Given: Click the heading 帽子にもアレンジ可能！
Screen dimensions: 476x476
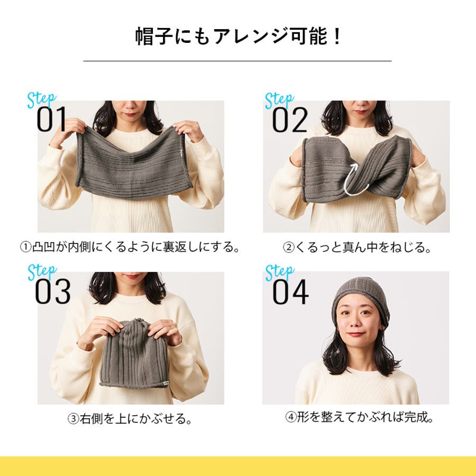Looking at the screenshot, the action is pyautogui.click(x=238, y=36).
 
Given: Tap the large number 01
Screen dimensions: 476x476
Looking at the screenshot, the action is pyautogui.click(x=52, y=120).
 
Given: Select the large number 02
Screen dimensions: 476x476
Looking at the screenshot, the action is pyautogui.click(x=290, y=120).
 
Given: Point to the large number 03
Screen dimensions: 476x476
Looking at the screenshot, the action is pyautogui.click(x=53, y=292).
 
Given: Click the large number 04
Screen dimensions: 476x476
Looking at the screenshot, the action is pyautogui.click(x=290, y=292).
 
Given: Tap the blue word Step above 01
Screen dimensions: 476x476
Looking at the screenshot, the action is pyautogui.click(x=42, y=99).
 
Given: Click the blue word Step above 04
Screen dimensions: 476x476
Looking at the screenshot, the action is pyautogui.click(x=280, y=272).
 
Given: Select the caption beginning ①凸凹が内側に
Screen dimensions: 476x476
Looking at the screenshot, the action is pyautogui.click(x=130, y=247).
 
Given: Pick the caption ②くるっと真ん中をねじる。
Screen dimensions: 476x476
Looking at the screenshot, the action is pyautogui.click(x=357, y=248).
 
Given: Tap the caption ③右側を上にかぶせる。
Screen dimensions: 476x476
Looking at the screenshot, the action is pyautogui.click(x=130, y=419).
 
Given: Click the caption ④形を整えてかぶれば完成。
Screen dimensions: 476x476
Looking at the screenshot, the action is pyautogui.click(x=360, y=417).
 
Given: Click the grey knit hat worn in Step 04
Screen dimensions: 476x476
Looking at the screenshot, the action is pyautogui.click(x=360, y=299).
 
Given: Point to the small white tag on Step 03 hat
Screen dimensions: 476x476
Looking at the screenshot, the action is pyautogui.click(x=165, y=383).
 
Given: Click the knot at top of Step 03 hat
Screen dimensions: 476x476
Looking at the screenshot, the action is pyautogui.click(x=139, y=321).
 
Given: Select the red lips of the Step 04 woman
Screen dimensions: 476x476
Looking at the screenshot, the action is pyautogui.click(x=356, y=335).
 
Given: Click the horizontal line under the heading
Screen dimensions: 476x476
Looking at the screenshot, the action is pyautogui.click(x=237, y=61).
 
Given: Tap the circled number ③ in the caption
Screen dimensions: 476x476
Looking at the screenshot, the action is pyautogui.click(x=73, y=419).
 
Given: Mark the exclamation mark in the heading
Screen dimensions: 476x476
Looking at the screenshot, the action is pyautogui.click(x=336, y=36).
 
